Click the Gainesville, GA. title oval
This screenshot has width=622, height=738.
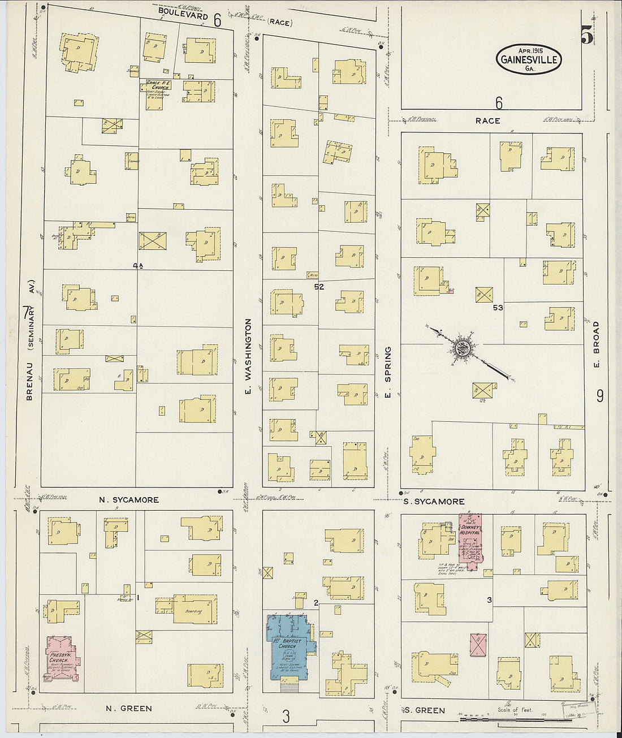point(529,59)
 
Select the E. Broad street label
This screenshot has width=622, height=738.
point(596,343)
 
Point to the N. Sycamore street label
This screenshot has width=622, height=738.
point(129,500)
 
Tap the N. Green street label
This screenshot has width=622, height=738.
point(129,708)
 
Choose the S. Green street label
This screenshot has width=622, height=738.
point(425,710)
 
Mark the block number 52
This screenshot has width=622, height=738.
point(319,287)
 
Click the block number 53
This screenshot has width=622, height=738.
point(498,308)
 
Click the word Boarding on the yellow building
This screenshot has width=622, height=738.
point(194,611)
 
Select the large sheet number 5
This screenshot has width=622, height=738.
point(586,36)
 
